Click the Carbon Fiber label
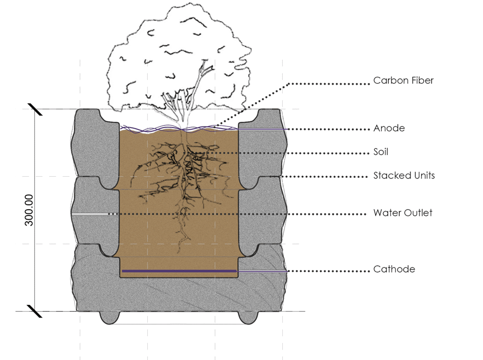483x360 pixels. (x=403, y=80)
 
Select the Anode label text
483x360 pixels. (x=389, y=128)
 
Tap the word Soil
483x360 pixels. (x=381, y=152)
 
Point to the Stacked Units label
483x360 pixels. (x=404, y=176)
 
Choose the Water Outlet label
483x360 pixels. (x=403, y=213)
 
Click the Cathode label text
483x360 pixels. (x=394, y=269)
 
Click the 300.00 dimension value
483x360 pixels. (x=29, y=210)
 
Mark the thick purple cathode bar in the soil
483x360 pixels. (x=180, y=271)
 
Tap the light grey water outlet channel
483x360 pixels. (x=90, y=214)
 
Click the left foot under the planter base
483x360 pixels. (x=110, y=317)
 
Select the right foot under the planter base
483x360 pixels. (x=248, y=317)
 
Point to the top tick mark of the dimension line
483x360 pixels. (x=35, y=110)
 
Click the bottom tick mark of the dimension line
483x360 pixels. (x=34, y=311)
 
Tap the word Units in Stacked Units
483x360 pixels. (x=424, y=176)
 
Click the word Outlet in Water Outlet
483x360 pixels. (x=418, y=213)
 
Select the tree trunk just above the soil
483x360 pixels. (x=184, y=122)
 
